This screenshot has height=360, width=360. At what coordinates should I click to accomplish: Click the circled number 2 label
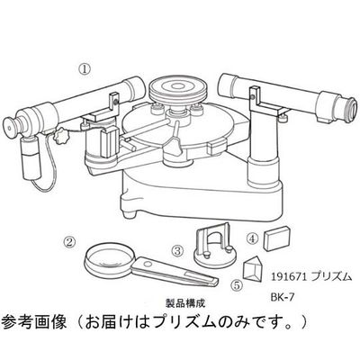(x=67, y=240)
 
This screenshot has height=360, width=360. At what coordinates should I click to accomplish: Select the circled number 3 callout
(x=178, y=249)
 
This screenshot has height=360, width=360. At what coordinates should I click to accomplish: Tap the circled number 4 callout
(x=253, y=239)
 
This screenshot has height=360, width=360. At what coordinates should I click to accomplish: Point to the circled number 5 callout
(x=236, y=284)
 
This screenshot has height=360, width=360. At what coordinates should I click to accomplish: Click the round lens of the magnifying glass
(x=110, y=259)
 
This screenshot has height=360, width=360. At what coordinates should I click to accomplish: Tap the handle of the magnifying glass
(x=160, y=273)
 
